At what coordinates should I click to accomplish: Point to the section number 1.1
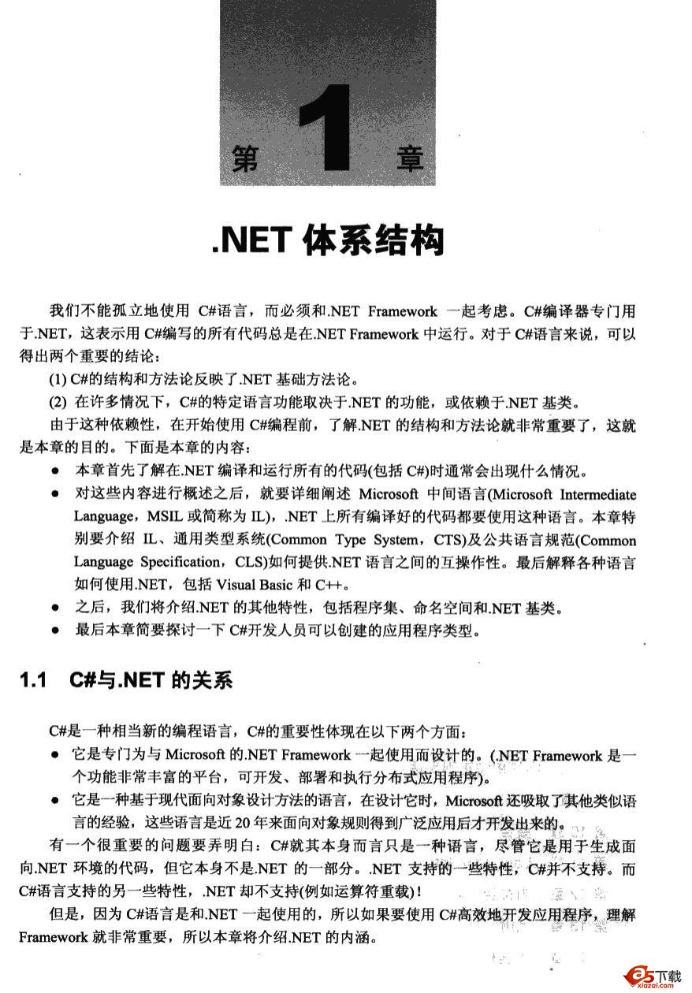click(x=34, y=679)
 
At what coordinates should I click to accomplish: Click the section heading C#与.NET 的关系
click(x=151, y=679)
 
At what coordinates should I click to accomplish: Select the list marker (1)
click(x=58, y=377)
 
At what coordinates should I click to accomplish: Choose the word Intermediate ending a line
click(x=596, y=495)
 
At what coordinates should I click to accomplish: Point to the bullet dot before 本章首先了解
click(x=54, y=473)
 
